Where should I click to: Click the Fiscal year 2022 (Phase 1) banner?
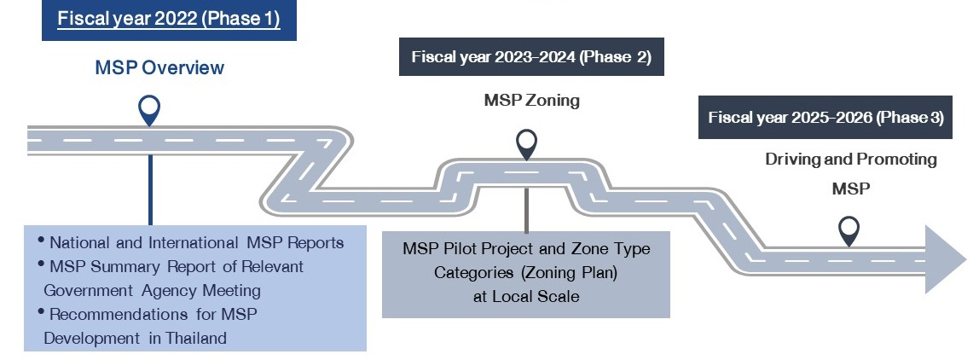pos(169,19)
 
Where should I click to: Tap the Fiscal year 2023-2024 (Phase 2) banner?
pos(531,57)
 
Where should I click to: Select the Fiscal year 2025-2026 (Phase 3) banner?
pos(825,118)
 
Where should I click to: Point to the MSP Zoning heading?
pos(531,101)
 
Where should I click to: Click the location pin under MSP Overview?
pos(150,108)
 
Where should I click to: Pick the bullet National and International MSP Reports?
pos(196,243)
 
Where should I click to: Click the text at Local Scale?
pos(525,297)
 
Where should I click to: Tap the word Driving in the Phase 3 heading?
pos(792,160)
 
